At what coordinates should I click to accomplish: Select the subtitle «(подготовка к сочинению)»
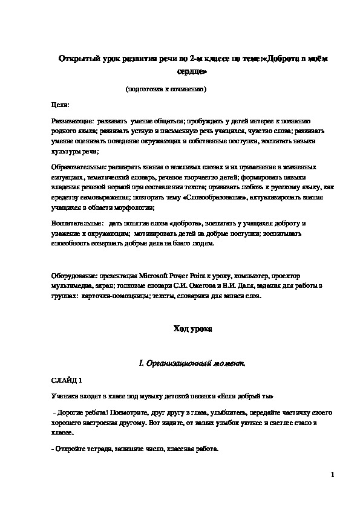(x=166, y=89)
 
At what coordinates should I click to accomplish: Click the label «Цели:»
(x=61, y=105)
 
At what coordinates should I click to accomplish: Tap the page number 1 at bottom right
(x=333, y=475)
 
